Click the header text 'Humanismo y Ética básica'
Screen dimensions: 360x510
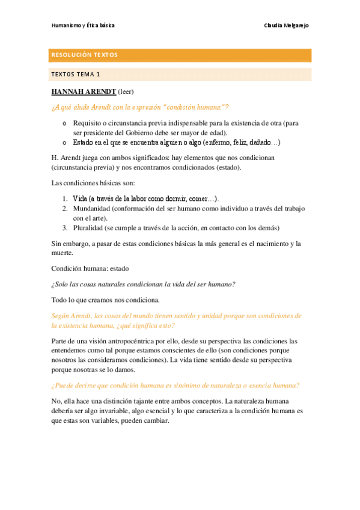(83, 26)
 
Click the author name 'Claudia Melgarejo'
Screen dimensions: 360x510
(286, 26)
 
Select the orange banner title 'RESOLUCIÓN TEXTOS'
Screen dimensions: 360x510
(84, 55)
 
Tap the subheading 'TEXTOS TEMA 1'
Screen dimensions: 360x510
(76, 75)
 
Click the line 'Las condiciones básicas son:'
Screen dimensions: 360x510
(93, 182)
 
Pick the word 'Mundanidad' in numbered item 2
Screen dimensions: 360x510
(93, 208)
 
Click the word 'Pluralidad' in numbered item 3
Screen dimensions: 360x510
(90, 228)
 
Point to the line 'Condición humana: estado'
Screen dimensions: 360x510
(90, 268)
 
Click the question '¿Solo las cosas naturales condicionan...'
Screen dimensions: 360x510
(143, 284)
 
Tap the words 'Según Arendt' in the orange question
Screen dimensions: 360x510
(72, 316)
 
